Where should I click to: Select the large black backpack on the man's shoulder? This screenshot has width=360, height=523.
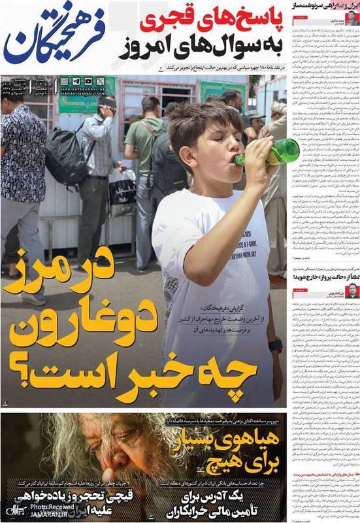click(x=66, y=156)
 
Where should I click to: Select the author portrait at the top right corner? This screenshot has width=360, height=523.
click(x=353, y=18)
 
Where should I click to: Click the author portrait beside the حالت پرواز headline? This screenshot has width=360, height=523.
click(x=353, y=290)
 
